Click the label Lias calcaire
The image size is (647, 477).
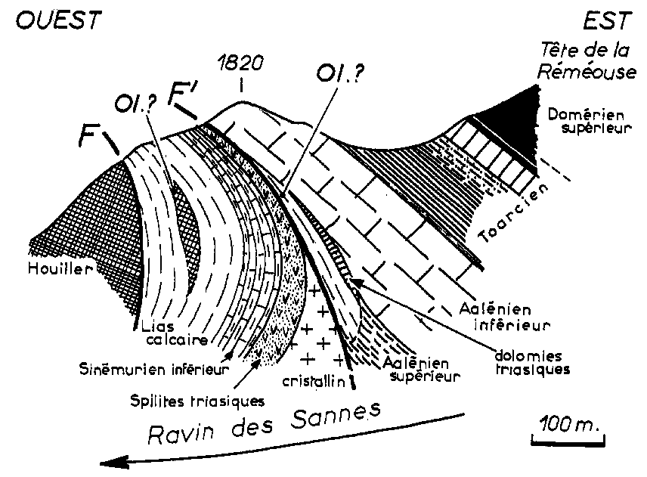pyautogui.click(x=169, y=333)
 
